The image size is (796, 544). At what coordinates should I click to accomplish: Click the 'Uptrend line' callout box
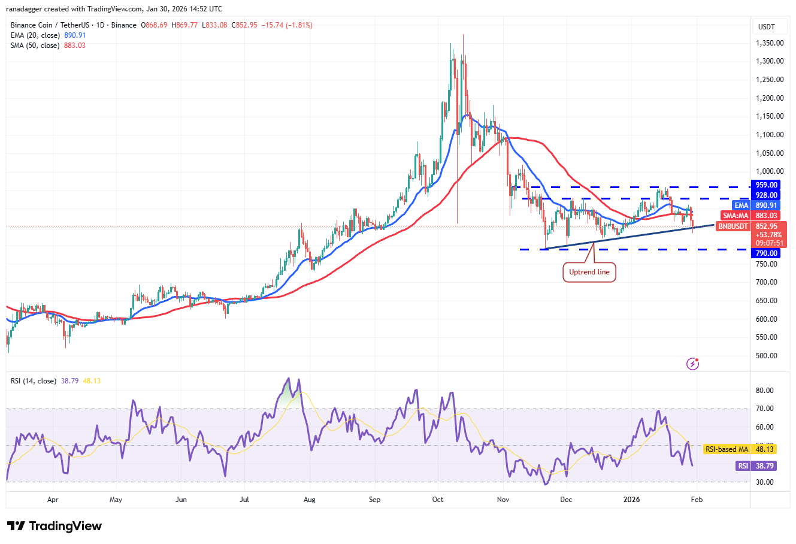[589, 272]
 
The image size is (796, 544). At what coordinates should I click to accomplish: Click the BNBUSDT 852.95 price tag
[751, 226]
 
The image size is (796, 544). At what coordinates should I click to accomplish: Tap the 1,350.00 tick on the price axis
[770, 43]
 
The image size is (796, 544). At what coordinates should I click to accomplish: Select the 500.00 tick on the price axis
[766, 356]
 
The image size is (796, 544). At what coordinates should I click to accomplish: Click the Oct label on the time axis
[438, 499]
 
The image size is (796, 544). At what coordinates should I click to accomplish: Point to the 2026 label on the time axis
[631, 499]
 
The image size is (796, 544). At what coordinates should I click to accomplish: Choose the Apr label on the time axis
[53, 499]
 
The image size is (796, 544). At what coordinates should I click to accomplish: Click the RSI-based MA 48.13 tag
[740, 449]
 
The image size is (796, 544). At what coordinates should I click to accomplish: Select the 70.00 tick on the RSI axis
[764, 409]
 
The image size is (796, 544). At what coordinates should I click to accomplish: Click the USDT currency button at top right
[767, 26]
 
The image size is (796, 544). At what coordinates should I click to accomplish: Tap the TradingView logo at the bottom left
[55, 526]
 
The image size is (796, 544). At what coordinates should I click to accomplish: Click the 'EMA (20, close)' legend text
[36, 35]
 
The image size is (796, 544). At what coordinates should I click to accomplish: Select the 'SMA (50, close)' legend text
[35, 46]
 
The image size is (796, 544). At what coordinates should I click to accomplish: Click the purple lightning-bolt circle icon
[692, 364]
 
